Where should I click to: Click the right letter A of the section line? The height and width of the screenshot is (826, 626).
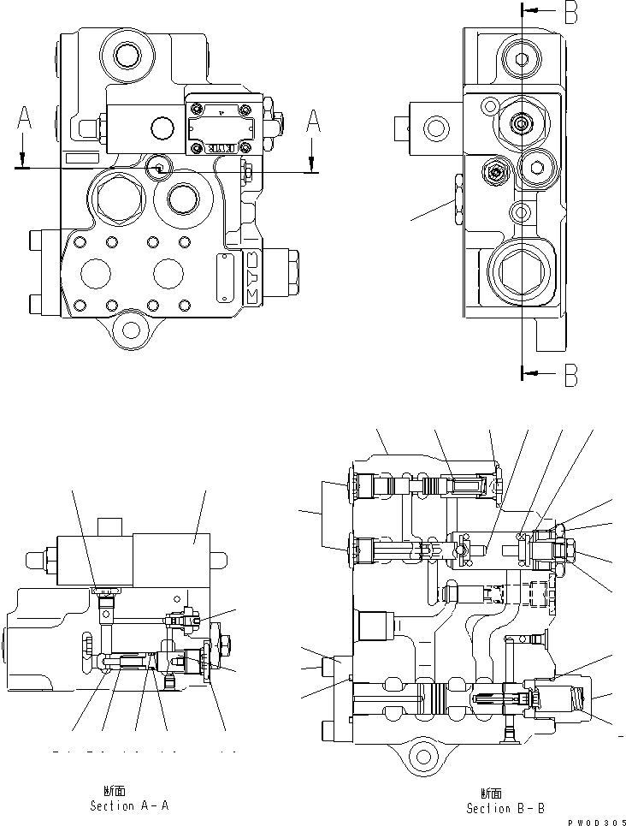pos(313,124)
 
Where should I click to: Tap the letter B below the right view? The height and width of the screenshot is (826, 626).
pos(571,374)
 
